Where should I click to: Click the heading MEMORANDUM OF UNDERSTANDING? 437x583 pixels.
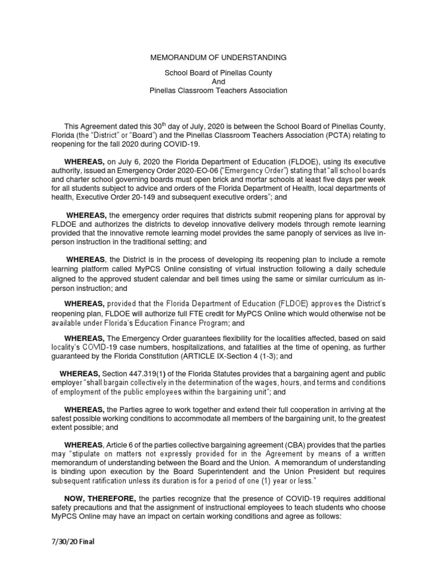coord(218,58)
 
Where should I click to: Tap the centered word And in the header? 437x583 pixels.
coord(218,81)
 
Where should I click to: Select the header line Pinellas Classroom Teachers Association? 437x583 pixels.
coord(218,91)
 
